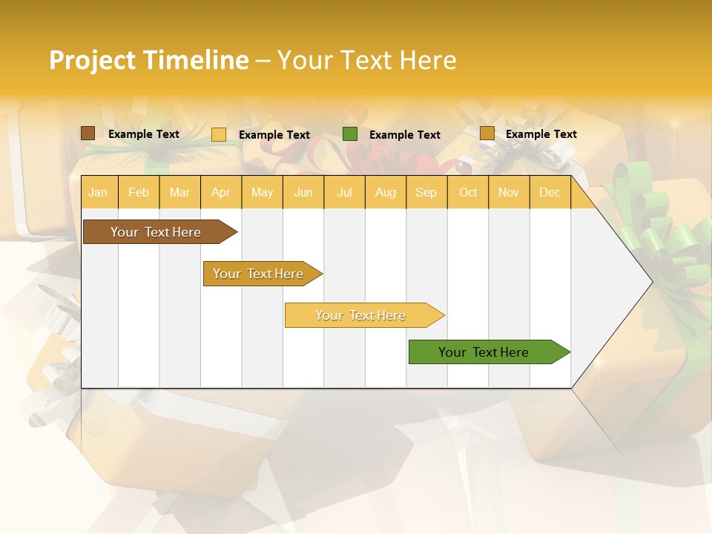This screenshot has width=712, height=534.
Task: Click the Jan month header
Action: tap(98, 192)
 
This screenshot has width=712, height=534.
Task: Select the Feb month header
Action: tap(139, 192)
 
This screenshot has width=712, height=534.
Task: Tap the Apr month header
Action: tap(220, 192)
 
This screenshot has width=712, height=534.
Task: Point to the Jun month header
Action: tap(303, 192)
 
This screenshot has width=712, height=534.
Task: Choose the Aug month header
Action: tap(385, 192)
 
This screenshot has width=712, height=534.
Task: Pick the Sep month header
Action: tap(426, 192)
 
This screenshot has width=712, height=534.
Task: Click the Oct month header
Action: tap(468, 192)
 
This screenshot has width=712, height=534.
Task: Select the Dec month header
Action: tap(550, 192)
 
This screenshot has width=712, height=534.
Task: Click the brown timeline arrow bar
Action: tap(156, 232)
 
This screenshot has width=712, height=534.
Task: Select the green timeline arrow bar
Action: tap(484, 352)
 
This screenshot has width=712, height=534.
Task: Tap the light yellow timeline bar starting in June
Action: tap(361, 315)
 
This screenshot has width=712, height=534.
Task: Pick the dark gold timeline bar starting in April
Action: tap(259, 274)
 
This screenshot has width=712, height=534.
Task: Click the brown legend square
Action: tap(88, 133)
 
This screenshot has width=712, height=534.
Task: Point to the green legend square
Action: tap(350, 134)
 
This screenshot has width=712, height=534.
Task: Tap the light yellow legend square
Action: tap(219, 134)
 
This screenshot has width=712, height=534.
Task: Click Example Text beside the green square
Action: tap(404, 134)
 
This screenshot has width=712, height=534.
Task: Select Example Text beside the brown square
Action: tap(144, 133)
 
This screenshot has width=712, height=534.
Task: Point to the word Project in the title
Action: tap(93, 60)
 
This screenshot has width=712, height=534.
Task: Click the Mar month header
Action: tap(179, 192)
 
